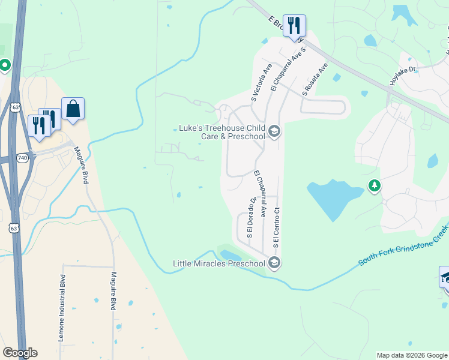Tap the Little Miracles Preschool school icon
click(x=274, y=263)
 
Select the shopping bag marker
click(x=73, y=109)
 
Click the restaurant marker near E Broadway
click(x=294, y=26)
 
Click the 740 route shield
click(x=23, y=157)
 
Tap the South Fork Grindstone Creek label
click(x=403, y=246)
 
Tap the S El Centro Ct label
click(x=277, y=228)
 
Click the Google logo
click(x=20, y=353)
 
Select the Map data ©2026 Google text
click(x=411, y=355)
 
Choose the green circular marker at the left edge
click(x=4, y=65)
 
